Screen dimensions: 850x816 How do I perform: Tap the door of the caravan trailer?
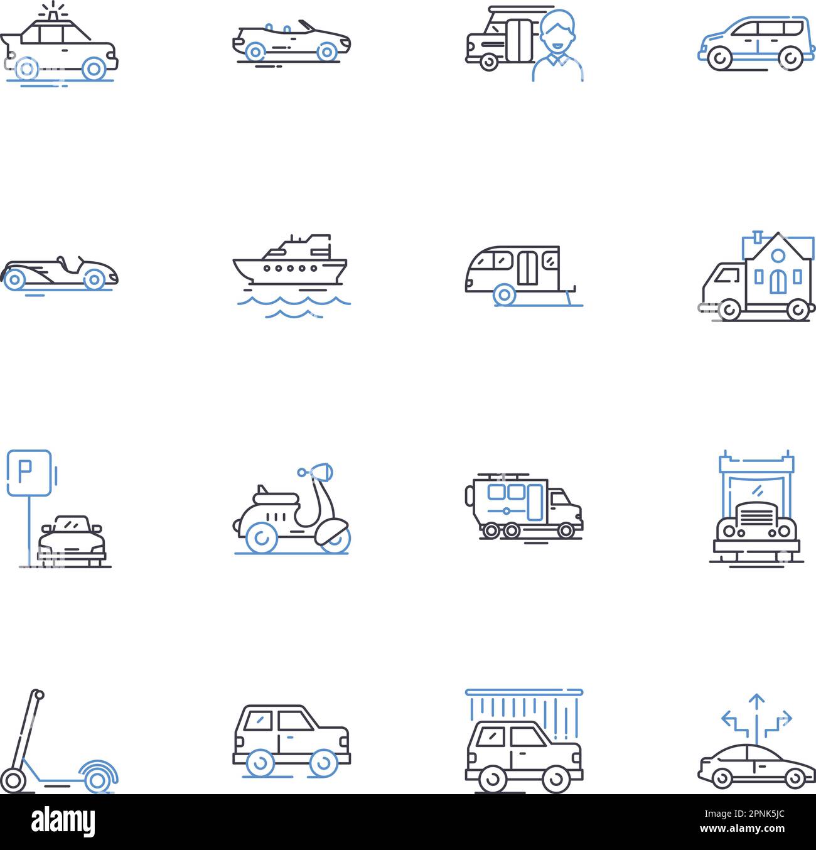tap(527, 267)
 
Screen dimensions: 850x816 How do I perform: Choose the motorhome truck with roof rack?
tap(523, 505)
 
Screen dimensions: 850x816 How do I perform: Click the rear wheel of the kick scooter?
tap(97, 778)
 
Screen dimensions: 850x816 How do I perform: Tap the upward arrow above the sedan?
tap(757, 700)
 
